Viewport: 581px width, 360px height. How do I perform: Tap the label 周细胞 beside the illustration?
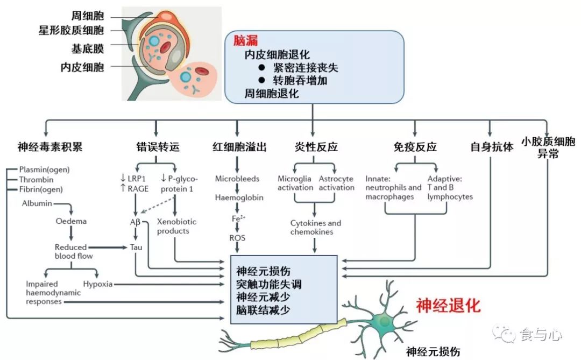tap(88, 15)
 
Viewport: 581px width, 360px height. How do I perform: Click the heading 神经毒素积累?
tap(50, 146)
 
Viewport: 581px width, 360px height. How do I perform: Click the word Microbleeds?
tap(237, 179)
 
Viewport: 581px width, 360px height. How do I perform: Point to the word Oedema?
tap(71, 221)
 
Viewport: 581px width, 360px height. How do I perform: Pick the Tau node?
tap(136, 247)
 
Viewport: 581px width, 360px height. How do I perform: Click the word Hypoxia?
tap(98, 284)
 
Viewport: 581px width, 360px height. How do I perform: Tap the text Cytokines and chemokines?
tap(316, 227)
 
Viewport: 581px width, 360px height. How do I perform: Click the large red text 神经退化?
tap(448, 306)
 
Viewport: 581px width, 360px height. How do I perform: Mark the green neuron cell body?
tap(386, 322)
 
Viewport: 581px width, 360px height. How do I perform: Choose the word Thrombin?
tap(37, 179)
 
